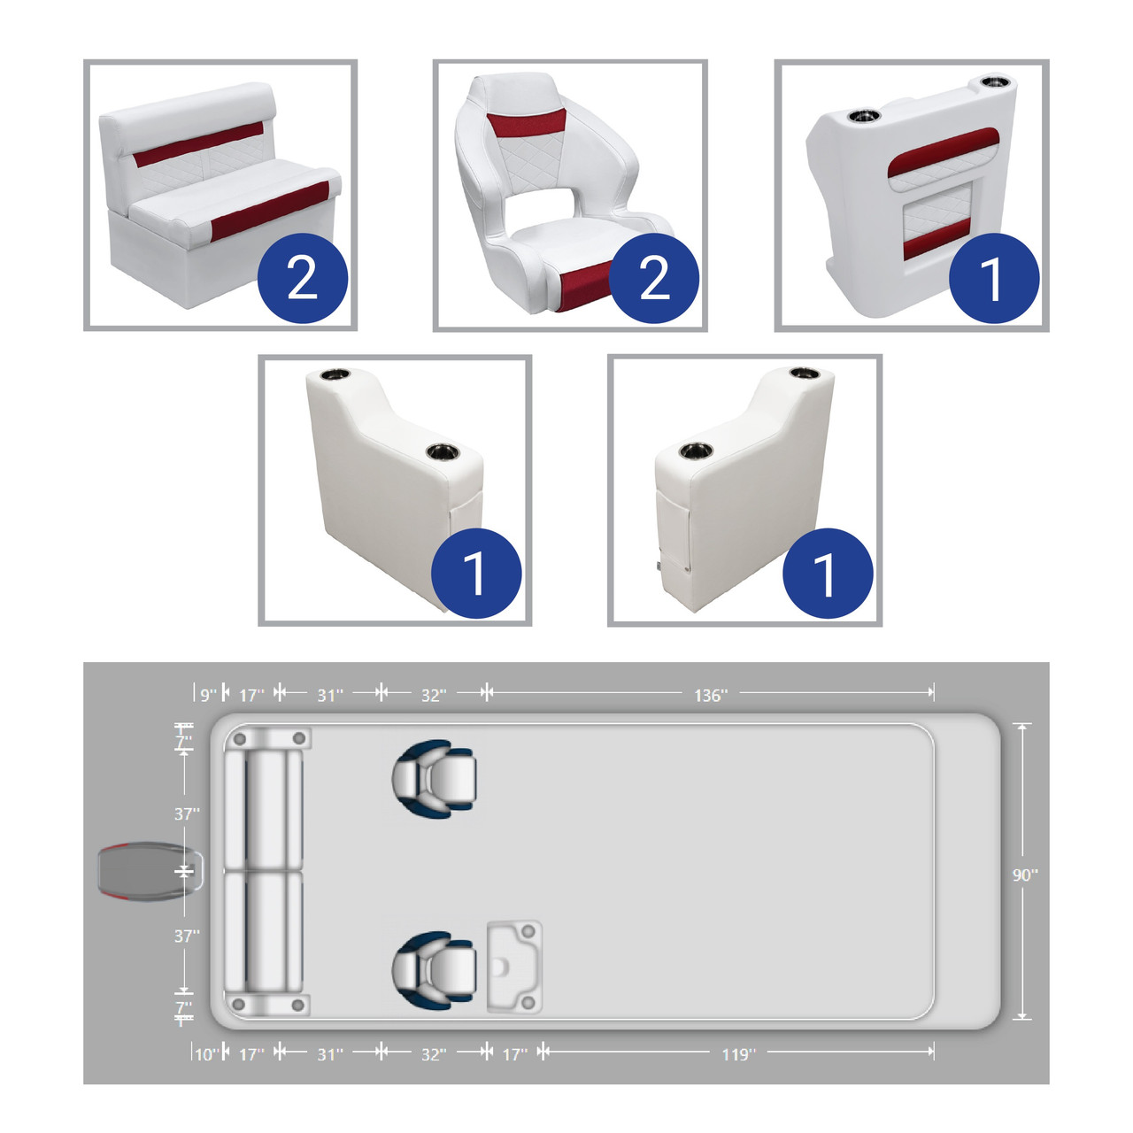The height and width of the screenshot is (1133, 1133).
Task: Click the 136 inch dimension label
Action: [x=710, y=695]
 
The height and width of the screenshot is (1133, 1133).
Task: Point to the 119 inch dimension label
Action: [x=738, y=1054]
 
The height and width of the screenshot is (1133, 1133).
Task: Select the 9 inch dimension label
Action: [x=208, y=695]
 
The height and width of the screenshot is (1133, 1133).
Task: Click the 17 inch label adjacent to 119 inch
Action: [x=515, y=1054]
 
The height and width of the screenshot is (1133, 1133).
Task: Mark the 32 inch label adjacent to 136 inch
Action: [x=434, y=695]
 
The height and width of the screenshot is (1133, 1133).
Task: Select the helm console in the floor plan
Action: [x=514, y=967]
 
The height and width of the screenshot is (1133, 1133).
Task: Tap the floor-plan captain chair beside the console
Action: [x=434, y=970]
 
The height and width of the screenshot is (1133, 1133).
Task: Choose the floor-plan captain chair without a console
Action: [x=434, y=778]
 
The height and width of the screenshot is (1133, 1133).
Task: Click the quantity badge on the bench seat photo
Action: [x=302, y=278]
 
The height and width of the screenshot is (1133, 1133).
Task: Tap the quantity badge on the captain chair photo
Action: [x=654, y=278]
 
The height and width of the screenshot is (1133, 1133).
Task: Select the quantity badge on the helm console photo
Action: [x=994, y=278]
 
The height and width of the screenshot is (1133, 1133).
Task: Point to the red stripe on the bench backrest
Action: [x=198, y=144]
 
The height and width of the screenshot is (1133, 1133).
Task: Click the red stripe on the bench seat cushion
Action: [x=270, y=212]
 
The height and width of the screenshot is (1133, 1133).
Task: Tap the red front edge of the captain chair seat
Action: [x=585, y=286]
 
